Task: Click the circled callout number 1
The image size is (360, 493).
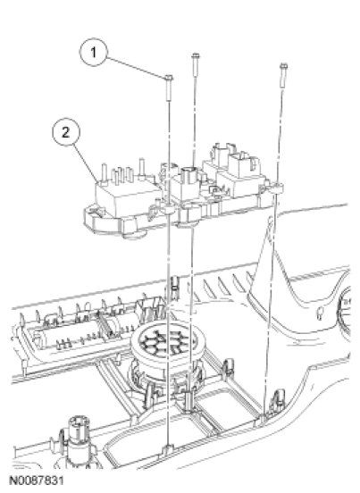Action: [x=94, y=52]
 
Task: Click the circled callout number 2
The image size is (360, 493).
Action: [x=66, y=132]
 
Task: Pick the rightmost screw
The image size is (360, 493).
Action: [x=283, y=76]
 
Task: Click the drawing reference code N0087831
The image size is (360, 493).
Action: [x=37, y=480]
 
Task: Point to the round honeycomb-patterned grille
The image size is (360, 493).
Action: [x=168, y=342]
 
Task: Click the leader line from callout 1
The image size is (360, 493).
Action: [x=136, y=67]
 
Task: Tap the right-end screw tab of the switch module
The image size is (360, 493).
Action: [x=276, y=188]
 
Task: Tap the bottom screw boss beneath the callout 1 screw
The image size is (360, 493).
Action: [x=168, y=450]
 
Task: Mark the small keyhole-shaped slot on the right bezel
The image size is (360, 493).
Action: [x=320, y=313]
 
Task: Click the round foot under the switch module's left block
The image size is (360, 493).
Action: [x=134, y=233]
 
